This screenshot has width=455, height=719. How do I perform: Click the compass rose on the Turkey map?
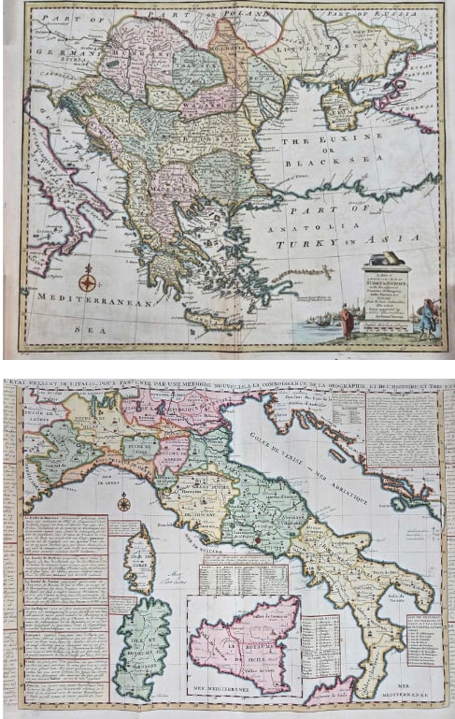coord(87,279)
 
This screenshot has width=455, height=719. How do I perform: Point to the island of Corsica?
coord(139,560)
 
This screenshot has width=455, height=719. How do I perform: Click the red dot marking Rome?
coord(253,539)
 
